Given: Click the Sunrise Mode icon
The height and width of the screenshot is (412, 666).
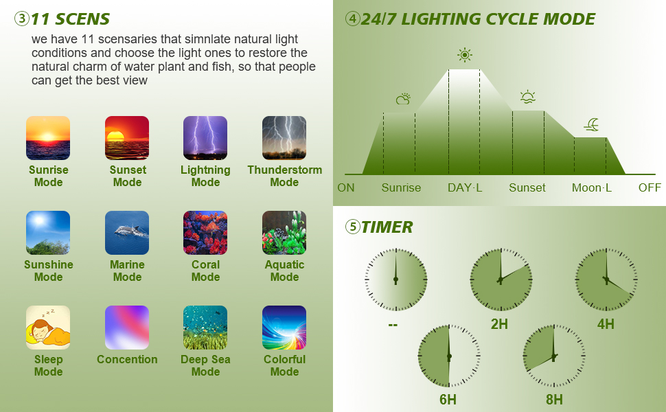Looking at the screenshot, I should coord(48,138).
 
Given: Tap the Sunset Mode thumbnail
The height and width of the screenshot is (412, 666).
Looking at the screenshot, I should coord(127,138).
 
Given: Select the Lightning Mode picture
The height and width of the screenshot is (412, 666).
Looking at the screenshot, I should coord(205,138).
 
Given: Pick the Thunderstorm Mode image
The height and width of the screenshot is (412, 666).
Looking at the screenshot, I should coord(284,138).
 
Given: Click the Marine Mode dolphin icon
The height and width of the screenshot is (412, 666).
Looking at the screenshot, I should coord(127,233).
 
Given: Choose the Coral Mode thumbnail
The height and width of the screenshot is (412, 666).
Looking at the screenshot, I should coord(205,233).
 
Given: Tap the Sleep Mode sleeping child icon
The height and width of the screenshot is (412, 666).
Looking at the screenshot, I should coord(48,328).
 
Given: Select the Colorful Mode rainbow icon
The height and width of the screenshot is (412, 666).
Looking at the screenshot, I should coord(284,328).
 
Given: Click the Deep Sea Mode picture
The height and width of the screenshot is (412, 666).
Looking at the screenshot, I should coord(205,328).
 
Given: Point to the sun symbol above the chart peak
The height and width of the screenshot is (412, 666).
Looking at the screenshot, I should coord(465,55).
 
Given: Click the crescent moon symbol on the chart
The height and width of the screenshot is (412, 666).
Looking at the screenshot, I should coord(592,124).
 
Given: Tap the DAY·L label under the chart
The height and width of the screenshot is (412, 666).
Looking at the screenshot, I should coord(465,187).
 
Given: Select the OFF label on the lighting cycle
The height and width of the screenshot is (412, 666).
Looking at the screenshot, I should coord(650,187).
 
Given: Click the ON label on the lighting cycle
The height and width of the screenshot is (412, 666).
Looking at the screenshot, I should coord(346,187).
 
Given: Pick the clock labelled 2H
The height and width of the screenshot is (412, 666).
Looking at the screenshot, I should coord(501,279).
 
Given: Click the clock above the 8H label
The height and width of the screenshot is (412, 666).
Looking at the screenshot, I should coord(554,356).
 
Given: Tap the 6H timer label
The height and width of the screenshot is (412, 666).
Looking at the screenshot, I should coord(448,400).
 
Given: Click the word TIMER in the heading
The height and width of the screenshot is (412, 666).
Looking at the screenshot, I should coord(387,227).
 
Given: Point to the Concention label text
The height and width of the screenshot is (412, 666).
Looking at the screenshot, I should coord(127,359).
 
